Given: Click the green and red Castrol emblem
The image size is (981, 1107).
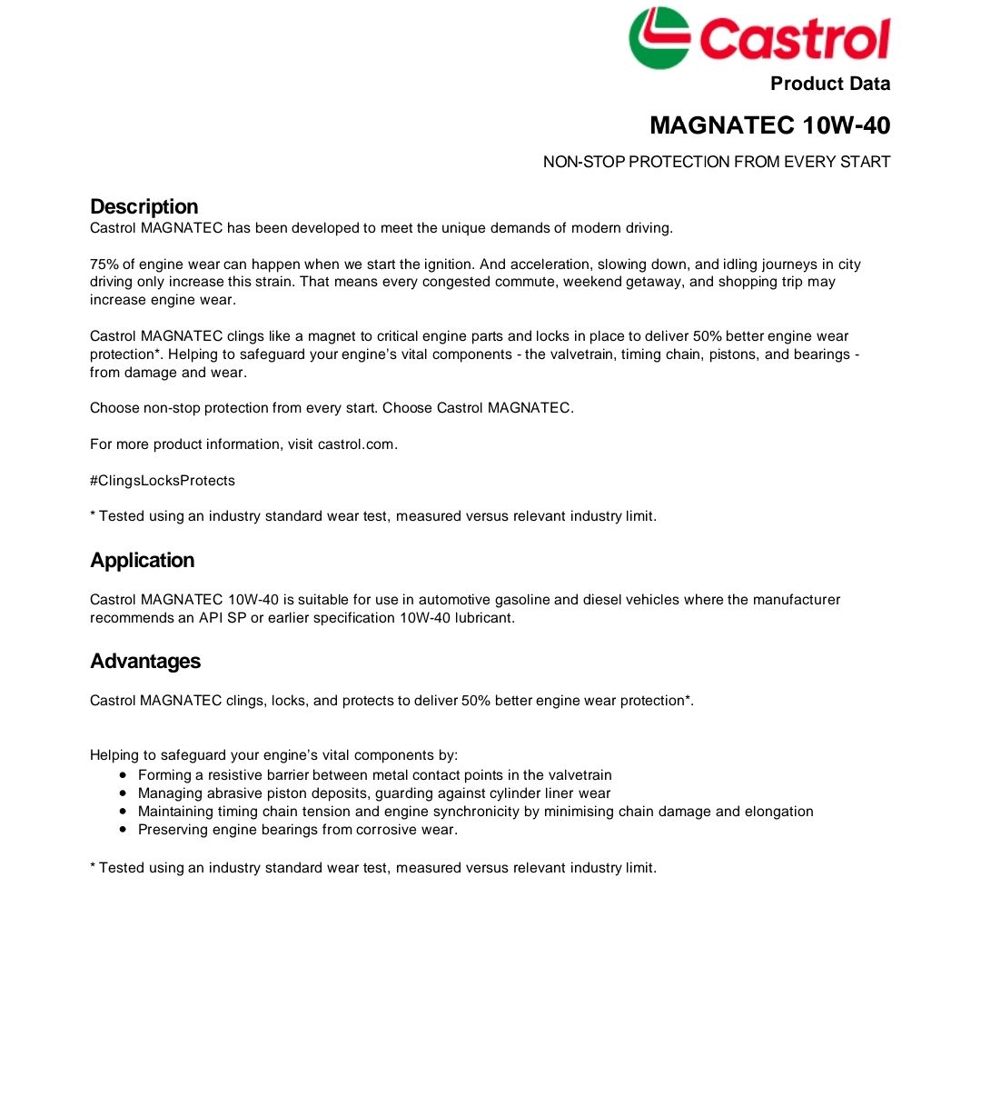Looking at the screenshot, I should pyautogui.click(x=659, y=38).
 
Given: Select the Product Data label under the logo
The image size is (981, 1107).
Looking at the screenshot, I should pyautogui.click(x=830, y=84).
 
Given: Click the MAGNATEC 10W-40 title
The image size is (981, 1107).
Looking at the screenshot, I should pyautogui.click(x=769, y=125).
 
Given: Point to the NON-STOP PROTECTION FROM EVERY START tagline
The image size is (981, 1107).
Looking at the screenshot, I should pyautogui.click(x=717, y=162).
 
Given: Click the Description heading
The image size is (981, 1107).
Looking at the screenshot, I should pyautogui.click(x=144, y=206).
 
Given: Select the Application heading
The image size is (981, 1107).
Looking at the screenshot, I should pyautogui.click(x=142, y=560).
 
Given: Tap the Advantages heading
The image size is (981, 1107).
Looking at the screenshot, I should pyautogui.click(x=145, y=661).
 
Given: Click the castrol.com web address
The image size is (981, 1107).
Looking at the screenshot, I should pyautogui.click(x=356, y=444).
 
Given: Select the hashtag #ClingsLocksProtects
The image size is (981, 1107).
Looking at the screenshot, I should pyautogui.click(x=163, y=481).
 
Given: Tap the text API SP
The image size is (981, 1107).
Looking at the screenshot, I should pyautogui.click(x=223, y=618).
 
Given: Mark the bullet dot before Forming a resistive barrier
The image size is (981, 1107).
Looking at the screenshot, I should pyautogui.click(x=123, y=775).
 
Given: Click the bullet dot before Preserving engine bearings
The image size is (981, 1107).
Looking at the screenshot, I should pyautogui.click(x=123, y=830).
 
